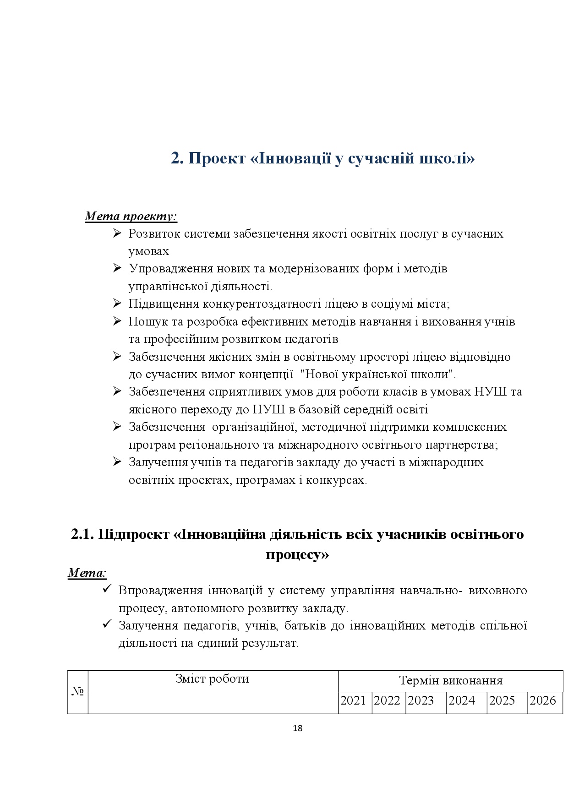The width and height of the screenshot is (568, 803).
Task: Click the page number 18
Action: (x=297, y=728)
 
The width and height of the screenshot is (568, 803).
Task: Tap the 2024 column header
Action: (x=462, y=700)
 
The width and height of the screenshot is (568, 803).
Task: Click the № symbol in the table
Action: (x=77, y=691)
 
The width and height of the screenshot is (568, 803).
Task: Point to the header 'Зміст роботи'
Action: (x=212, y=678)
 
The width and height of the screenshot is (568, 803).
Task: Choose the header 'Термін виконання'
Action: (x=451, y=680)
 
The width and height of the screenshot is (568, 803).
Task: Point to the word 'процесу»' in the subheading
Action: (x=297, y=554)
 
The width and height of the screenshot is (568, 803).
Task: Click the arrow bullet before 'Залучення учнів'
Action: (x=117, y=462)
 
